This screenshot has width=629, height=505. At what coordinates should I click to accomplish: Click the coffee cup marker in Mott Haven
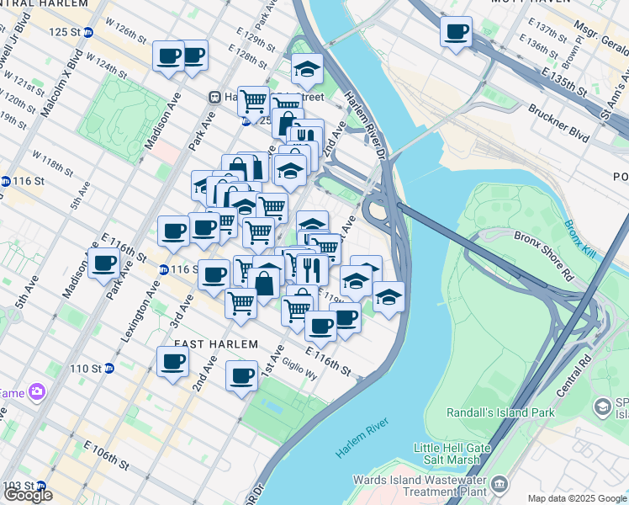[456, 32]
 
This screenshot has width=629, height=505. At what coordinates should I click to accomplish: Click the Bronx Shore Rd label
[545, 252]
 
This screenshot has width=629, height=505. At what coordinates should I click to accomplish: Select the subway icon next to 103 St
[40, 486]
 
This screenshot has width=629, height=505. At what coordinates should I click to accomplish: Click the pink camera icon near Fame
[35, 391]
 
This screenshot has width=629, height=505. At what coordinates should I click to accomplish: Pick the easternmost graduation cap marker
[388, 296]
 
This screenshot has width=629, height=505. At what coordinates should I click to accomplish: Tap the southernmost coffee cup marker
[242, 375]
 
